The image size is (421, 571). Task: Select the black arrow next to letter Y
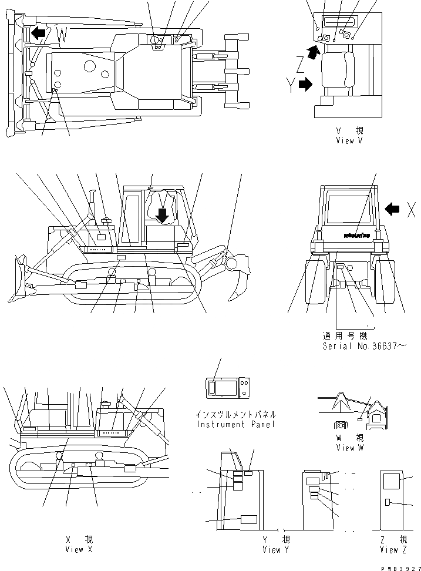305,85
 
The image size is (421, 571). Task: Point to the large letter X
412,210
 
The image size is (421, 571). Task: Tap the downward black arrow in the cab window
163,216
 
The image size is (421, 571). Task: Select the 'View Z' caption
393,550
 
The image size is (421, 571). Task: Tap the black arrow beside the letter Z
315,55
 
